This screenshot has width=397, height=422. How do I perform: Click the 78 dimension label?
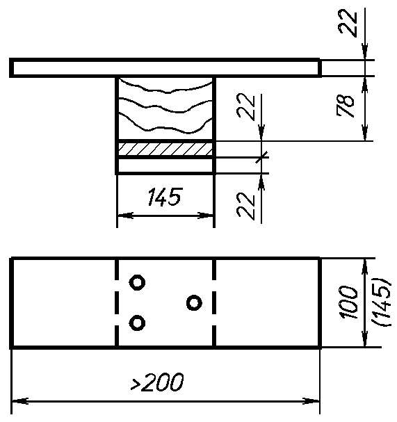click(346, 106)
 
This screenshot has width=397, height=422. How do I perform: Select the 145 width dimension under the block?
click(165, 197)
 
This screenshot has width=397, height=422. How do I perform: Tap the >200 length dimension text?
click(157, 382)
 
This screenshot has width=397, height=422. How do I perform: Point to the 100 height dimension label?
click(349, 302)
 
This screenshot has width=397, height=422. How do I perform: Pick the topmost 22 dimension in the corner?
click(348, 23)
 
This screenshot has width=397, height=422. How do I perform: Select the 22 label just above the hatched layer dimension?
click(245, 106)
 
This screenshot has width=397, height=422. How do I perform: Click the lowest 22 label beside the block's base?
click(245, 206)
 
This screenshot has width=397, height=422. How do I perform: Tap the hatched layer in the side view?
click(165, 149)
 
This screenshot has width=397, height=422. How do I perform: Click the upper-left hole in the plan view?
click(137, 282)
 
